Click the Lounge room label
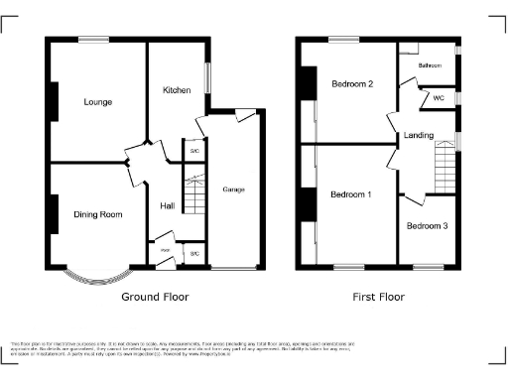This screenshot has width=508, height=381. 97,102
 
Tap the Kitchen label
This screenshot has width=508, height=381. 177,90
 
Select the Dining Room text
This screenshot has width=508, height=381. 98,214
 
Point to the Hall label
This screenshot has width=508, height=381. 168,206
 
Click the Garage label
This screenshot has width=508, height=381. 233,189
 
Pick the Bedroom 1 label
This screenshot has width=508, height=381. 351,193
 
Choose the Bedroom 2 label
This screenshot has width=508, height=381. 352,84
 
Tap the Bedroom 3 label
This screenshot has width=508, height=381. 427,226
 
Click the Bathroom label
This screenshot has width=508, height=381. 430,65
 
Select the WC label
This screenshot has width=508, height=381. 438,99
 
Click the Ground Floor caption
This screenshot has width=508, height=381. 155,297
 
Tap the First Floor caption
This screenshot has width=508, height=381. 377,297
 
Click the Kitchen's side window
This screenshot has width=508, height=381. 207,78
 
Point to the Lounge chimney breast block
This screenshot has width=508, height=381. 53,96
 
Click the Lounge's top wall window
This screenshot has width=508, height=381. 94,40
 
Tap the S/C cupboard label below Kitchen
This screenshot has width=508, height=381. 195,151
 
